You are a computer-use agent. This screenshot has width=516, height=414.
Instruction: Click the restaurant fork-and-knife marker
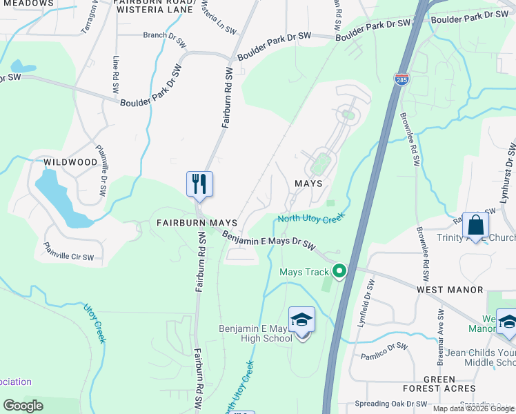coord(199,184)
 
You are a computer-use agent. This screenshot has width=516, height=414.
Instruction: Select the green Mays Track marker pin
coord(339,271)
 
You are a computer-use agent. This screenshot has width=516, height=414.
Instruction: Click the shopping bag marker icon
coord(476,225)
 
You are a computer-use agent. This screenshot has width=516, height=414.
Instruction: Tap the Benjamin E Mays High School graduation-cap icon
coord(301,320)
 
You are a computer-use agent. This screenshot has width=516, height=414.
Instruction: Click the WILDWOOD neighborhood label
coord(71,162)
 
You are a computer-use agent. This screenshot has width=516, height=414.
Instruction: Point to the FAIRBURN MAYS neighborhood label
coord(197,224)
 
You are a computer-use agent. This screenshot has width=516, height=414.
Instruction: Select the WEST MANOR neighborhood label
coord(450,290)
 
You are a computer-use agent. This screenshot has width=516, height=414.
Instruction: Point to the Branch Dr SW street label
coord(164,38)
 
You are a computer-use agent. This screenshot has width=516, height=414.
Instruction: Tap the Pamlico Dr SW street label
coord(384,351)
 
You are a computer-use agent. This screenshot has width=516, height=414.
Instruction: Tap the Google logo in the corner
coord(23,406)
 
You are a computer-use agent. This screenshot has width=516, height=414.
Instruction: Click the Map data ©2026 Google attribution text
coord(473,408)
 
